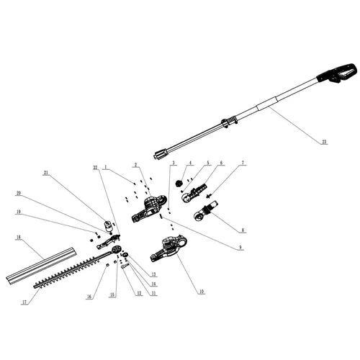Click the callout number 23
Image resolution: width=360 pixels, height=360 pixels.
(324, 143)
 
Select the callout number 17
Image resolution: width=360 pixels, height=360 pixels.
(24, 302)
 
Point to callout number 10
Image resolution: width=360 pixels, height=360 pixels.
(202, 291)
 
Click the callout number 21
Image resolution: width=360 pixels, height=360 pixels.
(45, 174)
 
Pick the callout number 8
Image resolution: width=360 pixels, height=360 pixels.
(243, 230)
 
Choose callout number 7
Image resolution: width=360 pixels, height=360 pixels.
(243, 163)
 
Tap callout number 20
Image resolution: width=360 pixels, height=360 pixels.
(19, 193)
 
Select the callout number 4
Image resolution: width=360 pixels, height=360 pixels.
(190, 163)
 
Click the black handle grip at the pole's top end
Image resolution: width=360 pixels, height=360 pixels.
(338, 73)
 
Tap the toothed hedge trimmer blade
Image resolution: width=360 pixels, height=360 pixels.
(72, 272)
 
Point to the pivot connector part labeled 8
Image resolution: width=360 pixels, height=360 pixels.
(204, 213)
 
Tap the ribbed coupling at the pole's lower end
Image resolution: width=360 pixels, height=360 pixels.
(161, 153)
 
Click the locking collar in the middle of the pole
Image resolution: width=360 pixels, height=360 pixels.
(230, 122)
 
